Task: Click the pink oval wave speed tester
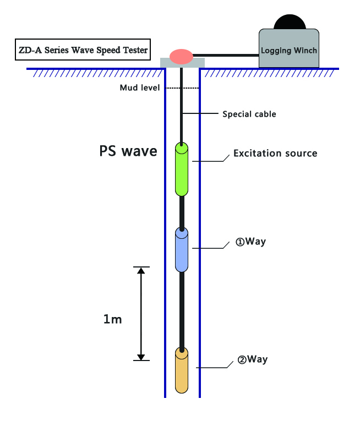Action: [181, 56]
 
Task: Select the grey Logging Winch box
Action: [289, 50]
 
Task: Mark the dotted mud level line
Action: [182, 88]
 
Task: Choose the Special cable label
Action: [249, 114]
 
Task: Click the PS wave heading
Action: [128, 150]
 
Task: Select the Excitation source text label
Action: [275, 153]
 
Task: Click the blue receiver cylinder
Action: [182, 249]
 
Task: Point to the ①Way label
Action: [250, 242]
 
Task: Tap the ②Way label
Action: [252, 359]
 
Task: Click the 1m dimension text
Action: [112, 319]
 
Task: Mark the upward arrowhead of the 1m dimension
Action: [141, 271]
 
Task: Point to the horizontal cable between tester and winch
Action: [226, 54]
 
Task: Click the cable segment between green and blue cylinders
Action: [182, 212]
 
